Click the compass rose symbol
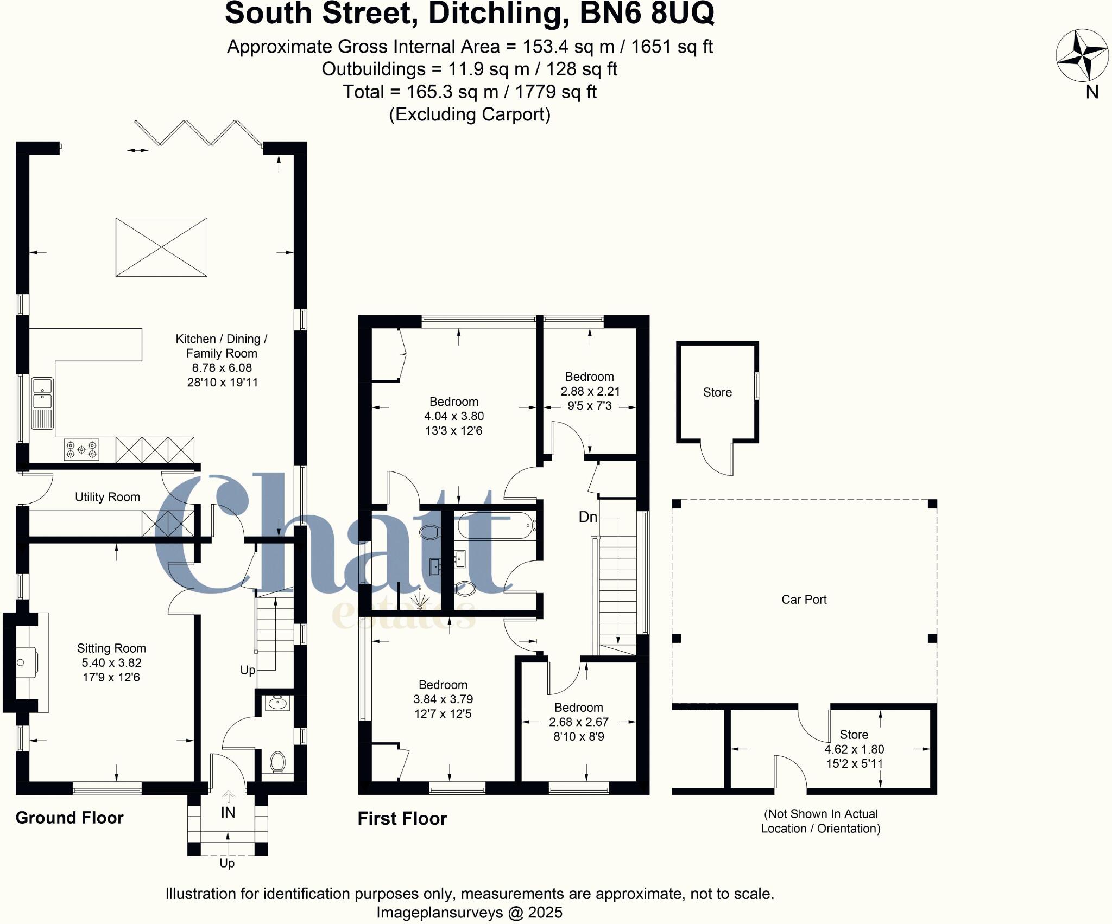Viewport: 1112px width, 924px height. coord(1082,55)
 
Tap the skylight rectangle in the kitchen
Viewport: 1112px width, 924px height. coord(161,247)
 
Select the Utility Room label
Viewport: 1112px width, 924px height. coord(108,497)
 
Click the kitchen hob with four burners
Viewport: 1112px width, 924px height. coord(81,450)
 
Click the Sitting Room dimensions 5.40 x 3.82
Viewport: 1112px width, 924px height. coord(111,662)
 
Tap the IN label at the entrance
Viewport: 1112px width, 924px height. coord(228,812)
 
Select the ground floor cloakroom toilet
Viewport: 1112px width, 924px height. coord(277,762)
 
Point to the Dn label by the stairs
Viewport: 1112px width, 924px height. coord(587,517)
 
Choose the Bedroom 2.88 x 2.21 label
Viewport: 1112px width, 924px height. coord(590,391)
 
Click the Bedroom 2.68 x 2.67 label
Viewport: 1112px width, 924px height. coord(579,722)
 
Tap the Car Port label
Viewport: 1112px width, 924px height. coord(804,600)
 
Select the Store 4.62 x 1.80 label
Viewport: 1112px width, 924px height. coord(854,749)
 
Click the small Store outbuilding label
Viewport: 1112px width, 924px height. coord(717,392)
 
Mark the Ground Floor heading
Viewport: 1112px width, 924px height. coord(69,818)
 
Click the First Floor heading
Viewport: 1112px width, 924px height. coord(402,818)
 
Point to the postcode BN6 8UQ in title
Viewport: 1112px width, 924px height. coord(647,14)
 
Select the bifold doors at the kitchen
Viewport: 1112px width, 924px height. coord(198,133)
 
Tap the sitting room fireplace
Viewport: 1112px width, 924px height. coord(24,662)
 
